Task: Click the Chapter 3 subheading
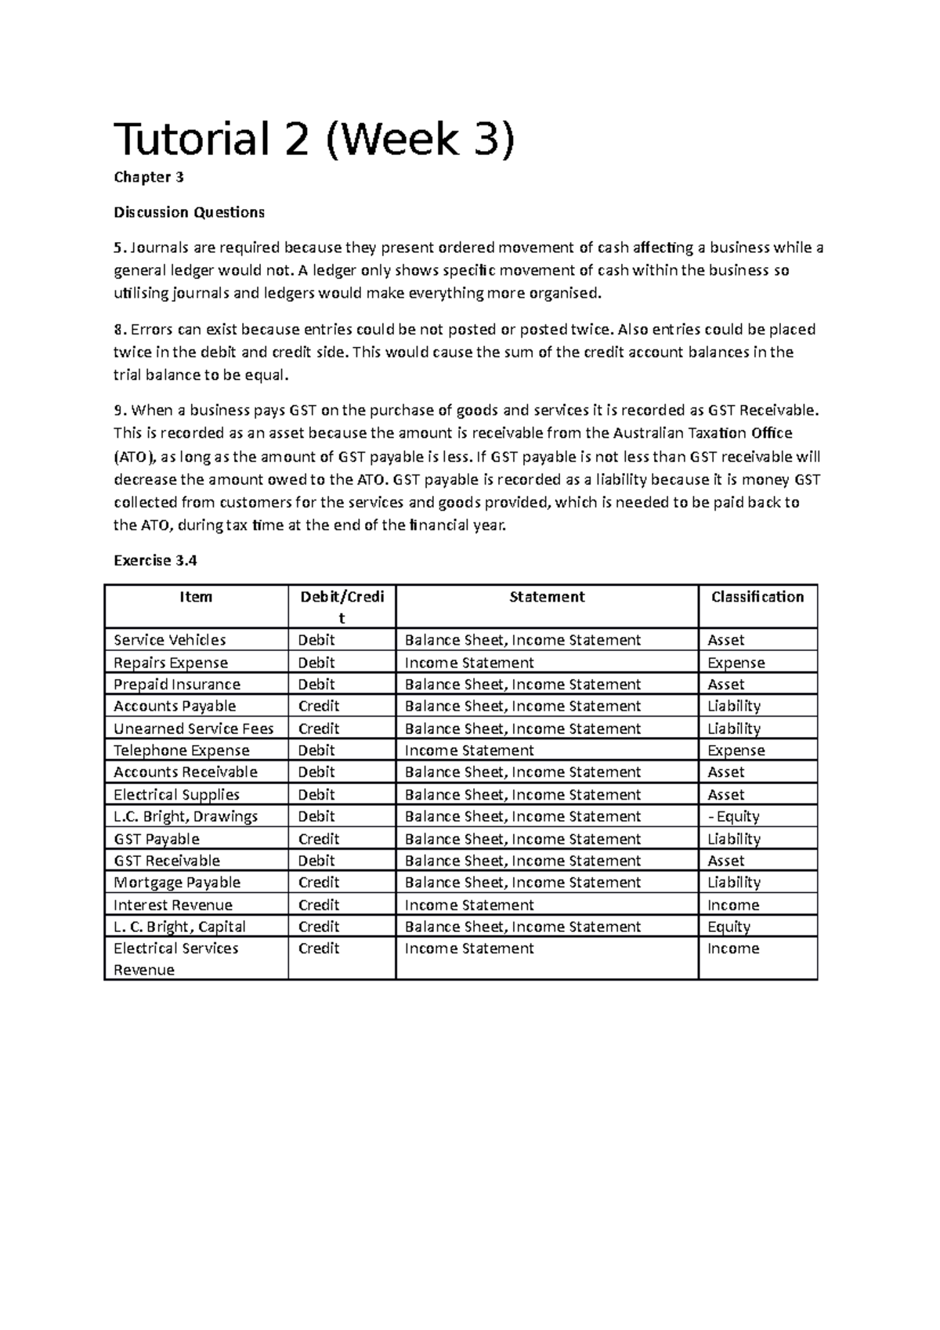[x=148, y=177]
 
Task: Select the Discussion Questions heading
[x=189, y=212]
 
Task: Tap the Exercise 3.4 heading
[x=155, y=561]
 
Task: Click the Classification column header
[x=757, y=597]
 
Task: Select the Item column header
[x=196, y=597]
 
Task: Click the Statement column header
[x=547, y=597]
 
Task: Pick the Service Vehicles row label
[x=169, y=640]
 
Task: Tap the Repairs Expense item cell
[x=170, y=663]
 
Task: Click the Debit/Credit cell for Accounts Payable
[x=319, y=706]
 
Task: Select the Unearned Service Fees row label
[x=193, y=728]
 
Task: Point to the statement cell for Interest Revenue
[x=468, y=905]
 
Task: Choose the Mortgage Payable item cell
[x=176, y=882]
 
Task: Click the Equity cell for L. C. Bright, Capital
[x=728, y=927]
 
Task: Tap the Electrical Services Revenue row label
[x=175, y=958]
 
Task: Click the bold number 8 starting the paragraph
[x=117, y=329]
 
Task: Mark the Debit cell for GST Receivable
[x=316, y=861]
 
